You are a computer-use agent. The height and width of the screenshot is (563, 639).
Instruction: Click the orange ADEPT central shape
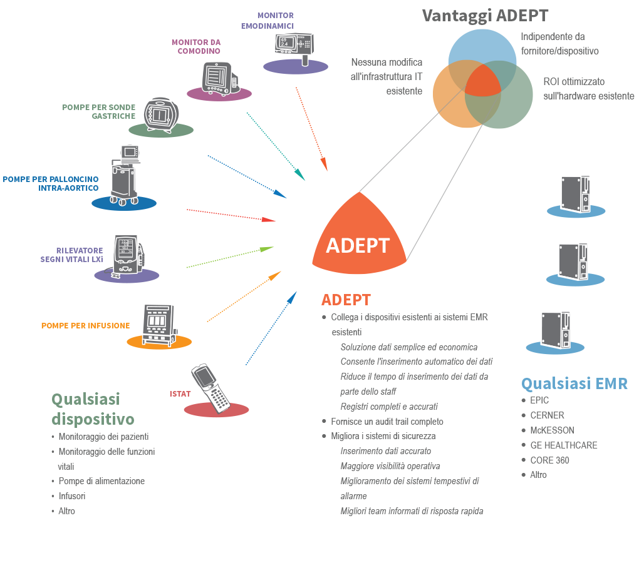point(359,240)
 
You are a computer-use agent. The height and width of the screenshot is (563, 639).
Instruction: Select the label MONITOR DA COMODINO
point(196,46)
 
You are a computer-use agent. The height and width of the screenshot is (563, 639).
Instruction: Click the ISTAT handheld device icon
point(210,388)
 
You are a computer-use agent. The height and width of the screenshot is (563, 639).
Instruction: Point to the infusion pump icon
point(159,325)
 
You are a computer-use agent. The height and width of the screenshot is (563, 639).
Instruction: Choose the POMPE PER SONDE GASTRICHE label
point(98,111)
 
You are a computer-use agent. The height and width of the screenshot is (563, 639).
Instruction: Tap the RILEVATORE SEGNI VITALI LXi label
point(71,255)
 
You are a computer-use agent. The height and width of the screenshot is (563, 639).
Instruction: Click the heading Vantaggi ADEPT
point(485,16)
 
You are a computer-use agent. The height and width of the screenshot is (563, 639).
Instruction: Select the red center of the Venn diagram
point(482,81)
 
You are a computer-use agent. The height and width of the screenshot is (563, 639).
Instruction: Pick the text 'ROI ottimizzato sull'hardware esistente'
point(588,89)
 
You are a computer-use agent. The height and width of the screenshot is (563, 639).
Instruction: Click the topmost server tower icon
point(576,194)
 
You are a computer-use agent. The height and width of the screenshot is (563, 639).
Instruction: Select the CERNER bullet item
point(547,415)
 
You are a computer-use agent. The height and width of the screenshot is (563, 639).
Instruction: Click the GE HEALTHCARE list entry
point(563,445)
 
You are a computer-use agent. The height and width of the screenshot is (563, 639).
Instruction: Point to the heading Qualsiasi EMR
point(574,383)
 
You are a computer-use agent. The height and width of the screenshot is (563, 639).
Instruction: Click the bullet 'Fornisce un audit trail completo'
point(387,422)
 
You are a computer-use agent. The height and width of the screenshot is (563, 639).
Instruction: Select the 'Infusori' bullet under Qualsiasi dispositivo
point(71,496)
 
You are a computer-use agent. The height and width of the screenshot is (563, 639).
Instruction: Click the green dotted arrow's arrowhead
point(267,248)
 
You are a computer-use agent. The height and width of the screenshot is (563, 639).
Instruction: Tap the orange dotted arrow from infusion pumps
point(244,297)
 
